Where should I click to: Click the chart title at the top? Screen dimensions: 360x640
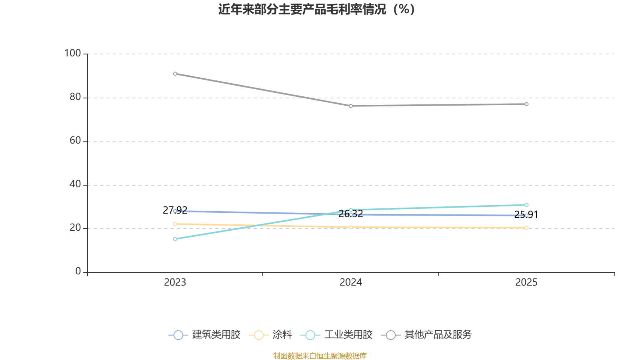pos(317,9)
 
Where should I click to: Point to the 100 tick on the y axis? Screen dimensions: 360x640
pos(73,53)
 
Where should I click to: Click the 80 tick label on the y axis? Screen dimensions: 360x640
pos(75,97)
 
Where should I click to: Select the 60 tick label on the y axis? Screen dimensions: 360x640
pos(75,141)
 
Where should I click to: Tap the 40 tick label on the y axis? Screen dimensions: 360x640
pos(75,184)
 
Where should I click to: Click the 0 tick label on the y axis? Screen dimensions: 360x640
pos(78,272)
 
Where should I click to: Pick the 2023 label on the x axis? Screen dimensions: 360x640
pos(175,282)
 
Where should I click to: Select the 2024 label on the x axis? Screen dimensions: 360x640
pos(351,282)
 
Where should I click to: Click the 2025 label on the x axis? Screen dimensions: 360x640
pos(526,282)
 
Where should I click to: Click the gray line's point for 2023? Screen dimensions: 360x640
pos(175,74)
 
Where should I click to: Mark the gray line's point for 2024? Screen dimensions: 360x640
pos(351,106)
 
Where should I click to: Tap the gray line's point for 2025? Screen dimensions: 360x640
pos(526,104)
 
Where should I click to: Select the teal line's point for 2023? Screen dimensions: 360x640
pos(175,239)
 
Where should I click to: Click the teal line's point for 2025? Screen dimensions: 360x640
pos(526,205)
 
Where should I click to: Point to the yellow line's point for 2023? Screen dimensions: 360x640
pos(175,224)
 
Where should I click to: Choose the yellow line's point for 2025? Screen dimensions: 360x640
pos(526,228)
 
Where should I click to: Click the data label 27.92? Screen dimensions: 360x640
pos(175,210)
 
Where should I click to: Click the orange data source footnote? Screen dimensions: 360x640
pos(320,356)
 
